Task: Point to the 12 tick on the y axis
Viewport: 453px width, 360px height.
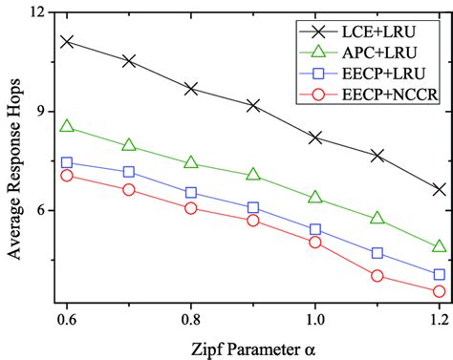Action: (37, 12)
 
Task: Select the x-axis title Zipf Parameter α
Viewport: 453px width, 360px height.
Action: (253, 348)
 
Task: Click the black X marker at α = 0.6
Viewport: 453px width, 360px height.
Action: (67, 41)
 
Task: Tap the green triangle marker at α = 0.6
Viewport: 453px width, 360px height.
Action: (67, 126)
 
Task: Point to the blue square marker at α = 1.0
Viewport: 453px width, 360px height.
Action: (314, 229)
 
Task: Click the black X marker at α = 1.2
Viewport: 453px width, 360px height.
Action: (439, 189)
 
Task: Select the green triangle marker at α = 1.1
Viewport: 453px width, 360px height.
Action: (377, 218)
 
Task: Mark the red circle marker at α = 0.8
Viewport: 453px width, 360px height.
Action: (191, 207)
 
